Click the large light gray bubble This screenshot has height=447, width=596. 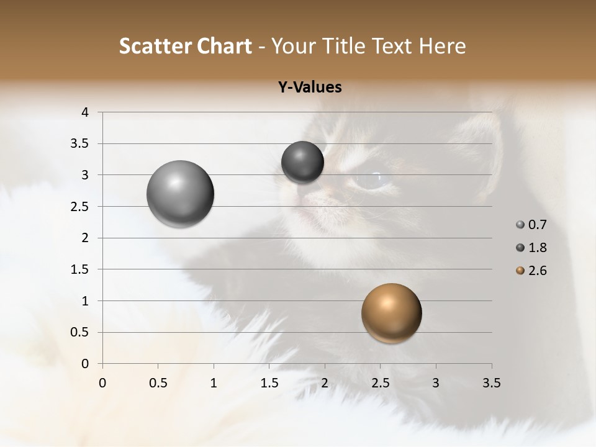[181, 194]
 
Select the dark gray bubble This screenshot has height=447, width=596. [302, 162]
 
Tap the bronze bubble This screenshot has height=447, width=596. [391, 313]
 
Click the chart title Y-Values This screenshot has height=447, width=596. [310, 88]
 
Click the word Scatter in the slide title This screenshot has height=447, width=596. [155, 46]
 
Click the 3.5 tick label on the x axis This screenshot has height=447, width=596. [491, 383]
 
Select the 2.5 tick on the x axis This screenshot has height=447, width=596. [380, 383]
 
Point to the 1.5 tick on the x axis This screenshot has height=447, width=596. [269, 383]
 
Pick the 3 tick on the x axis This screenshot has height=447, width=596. [436, 383]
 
